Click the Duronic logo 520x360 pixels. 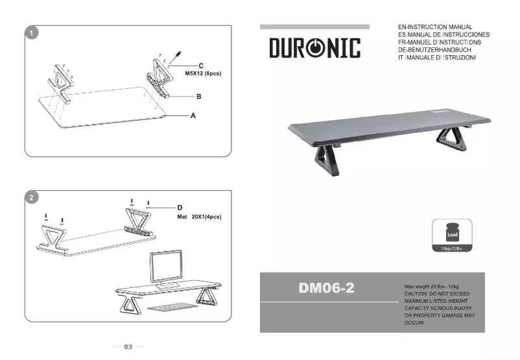coord(314,48)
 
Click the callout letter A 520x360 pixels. coord(193,115)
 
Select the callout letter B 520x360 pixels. coord(199,96)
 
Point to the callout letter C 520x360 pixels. coord(201,66)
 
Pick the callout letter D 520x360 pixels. coord(180,208)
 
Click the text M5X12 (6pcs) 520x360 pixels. coord(204,74)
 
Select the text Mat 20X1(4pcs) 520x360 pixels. coord(199,216)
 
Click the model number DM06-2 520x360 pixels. coord(327,288)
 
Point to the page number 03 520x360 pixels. coord(128,347)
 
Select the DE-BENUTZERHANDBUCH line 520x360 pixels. coord(440,50)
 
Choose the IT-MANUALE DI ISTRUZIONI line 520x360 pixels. coord(438,58)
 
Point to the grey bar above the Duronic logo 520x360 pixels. coord(314,27)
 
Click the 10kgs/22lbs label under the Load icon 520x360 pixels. coord(452,248)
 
